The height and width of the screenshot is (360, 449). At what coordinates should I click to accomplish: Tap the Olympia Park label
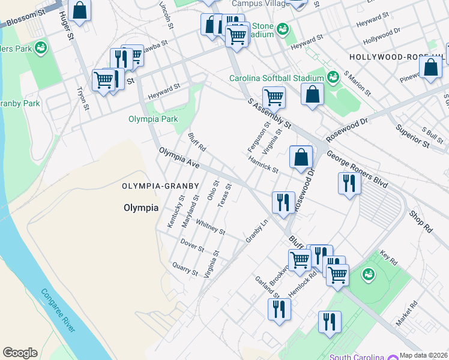(153, 119)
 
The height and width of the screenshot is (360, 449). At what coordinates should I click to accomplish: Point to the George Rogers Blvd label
(357, 169)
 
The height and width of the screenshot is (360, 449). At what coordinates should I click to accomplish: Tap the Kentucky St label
(172, 211)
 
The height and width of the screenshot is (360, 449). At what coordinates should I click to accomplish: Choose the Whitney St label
(210, 227)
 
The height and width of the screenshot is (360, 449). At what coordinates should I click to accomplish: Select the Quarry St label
(185, 268)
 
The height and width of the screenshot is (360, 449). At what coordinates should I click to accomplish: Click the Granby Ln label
(256, 230)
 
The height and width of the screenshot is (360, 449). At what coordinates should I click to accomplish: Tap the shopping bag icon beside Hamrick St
(301, 157)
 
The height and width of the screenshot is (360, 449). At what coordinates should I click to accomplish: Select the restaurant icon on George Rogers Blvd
(349, 183)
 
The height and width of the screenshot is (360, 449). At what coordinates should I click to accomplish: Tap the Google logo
(20, 353)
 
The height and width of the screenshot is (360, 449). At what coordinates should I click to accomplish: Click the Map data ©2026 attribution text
(423, 355)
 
